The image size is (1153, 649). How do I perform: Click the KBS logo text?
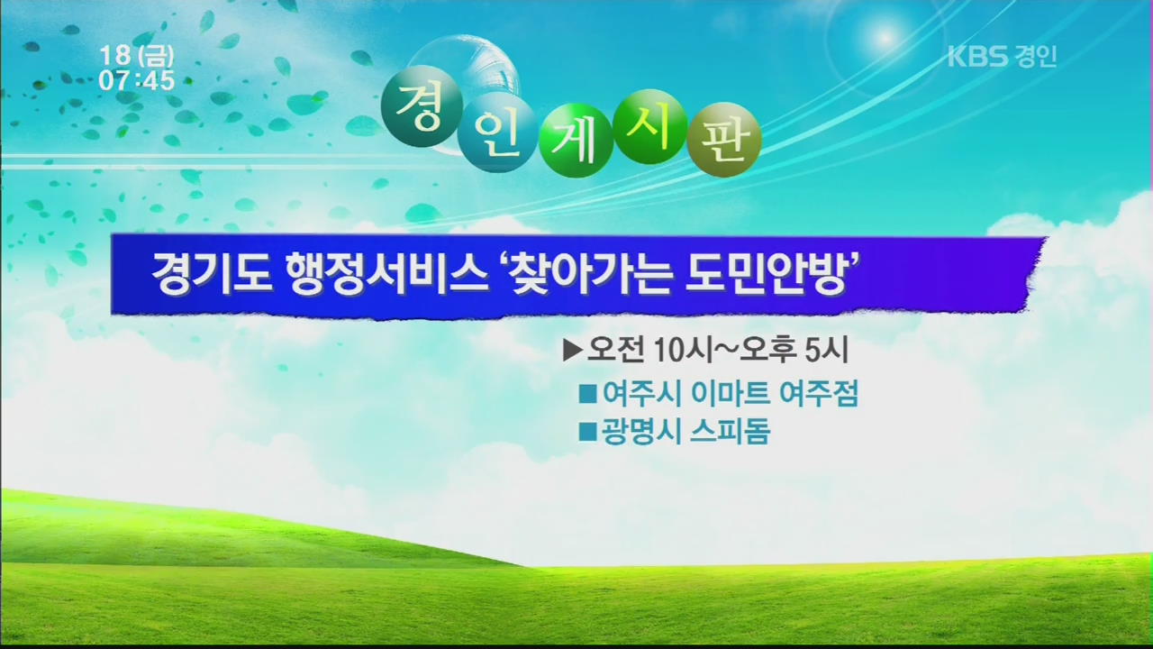[x=977, y=56]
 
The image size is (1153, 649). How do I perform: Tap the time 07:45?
[x=137, y=80]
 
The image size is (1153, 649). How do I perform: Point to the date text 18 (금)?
[x=137, y=56]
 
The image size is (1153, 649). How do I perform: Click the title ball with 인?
[x=495, y=133]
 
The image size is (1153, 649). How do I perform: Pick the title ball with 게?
[x=575, y=140]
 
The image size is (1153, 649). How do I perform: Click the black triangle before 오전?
[x=572, y=352]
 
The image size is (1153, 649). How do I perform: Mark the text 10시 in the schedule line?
[x=684, y=352]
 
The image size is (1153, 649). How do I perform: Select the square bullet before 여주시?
[x=587, y=394]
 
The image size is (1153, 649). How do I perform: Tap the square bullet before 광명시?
[x=587, y=432]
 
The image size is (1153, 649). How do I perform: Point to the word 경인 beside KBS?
[x=1036, y=56]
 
